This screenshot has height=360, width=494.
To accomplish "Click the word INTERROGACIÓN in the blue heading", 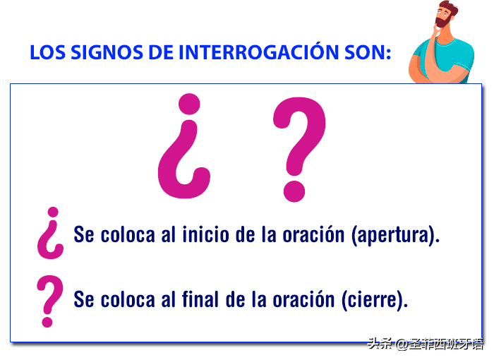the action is [x=259, y=52].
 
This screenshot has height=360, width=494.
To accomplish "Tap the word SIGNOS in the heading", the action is [x=107, y=52].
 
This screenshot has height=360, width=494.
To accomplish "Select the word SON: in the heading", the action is [x=368, y=52].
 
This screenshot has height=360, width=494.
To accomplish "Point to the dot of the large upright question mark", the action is [x=294, y=191].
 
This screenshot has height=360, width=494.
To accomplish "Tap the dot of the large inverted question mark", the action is [x=189, y=104].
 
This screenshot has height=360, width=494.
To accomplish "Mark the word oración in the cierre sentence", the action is [x=303, y=299].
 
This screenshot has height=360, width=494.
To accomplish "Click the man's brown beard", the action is [x=442, y=21].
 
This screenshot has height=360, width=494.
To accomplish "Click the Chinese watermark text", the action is [x=426, y=344].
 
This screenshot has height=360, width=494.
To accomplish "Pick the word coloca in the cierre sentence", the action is [x=128, y=299].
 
